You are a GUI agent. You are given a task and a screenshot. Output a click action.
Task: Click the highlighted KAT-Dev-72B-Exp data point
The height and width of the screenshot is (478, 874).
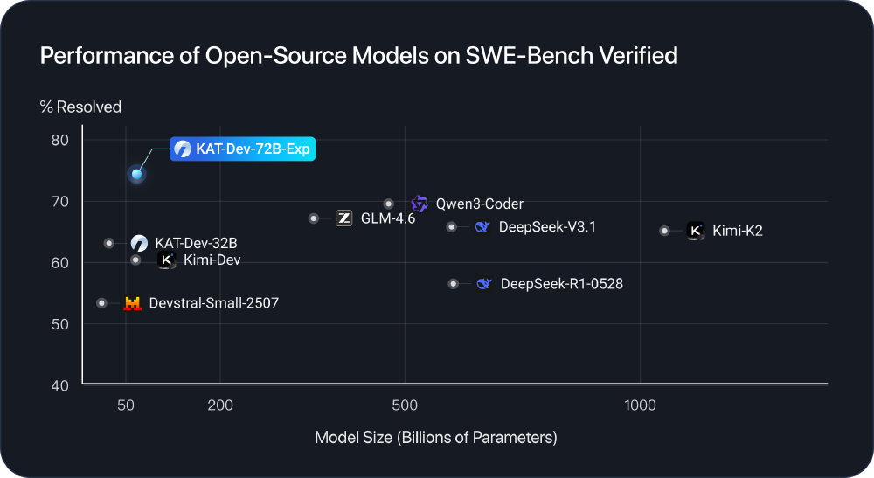136,174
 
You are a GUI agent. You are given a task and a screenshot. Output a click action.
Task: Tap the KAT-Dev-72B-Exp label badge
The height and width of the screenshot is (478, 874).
242,149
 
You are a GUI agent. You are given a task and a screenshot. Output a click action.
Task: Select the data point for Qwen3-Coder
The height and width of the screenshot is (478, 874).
389,204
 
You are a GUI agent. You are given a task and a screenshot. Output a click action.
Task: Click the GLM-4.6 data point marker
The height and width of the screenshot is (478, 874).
314,218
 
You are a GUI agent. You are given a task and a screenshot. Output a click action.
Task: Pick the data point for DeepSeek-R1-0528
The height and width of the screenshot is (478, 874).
453,284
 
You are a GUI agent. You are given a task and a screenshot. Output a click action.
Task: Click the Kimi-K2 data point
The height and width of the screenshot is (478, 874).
664,231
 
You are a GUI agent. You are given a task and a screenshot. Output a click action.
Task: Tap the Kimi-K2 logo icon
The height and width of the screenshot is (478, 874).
695,231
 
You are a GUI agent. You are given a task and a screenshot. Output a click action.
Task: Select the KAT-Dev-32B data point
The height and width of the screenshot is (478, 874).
108,243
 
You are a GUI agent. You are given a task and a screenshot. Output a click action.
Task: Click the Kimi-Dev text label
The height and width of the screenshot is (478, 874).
212,260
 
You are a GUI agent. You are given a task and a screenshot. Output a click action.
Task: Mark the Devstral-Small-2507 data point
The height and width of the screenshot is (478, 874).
101,303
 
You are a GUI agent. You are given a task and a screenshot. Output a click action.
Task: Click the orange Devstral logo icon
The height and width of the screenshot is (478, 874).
132,303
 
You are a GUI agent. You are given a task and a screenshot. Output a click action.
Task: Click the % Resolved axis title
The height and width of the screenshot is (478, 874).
80,107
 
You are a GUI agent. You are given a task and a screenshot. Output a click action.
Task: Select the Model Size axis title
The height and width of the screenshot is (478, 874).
435,437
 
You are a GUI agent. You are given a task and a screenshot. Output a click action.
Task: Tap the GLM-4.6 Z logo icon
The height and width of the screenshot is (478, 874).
343,218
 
